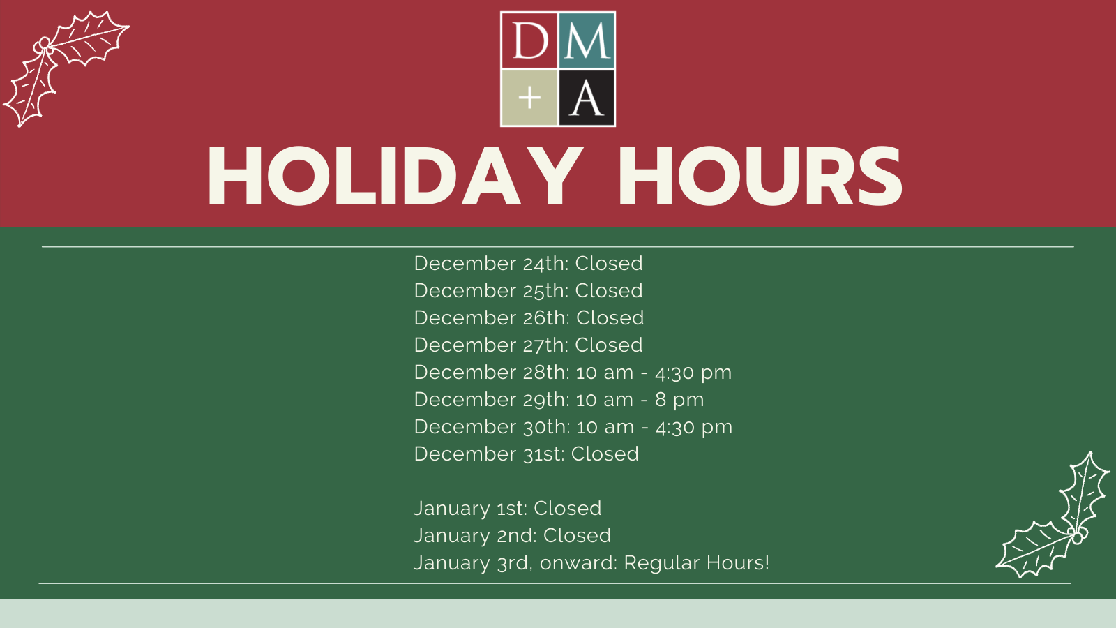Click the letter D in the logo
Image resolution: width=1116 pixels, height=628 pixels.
530,41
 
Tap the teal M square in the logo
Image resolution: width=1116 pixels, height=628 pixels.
587,41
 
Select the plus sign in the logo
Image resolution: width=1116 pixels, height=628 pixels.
530,98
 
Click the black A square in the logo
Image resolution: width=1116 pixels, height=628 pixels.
587,98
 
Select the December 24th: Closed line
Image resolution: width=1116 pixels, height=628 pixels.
528,264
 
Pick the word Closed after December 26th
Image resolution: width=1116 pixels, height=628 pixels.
610,318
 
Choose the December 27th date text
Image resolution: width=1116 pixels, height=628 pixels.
491,345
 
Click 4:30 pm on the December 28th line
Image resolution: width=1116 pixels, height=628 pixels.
693,373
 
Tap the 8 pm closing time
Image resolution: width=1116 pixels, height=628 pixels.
679,400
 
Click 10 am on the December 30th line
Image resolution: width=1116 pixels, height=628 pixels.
605,427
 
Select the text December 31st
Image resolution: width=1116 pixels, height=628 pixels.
489,454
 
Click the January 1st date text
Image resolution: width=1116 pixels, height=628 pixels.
470,509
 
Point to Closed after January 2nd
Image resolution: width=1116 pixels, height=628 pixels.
577,536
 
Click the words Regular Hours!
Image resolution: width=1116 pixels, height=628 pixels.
696,563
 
